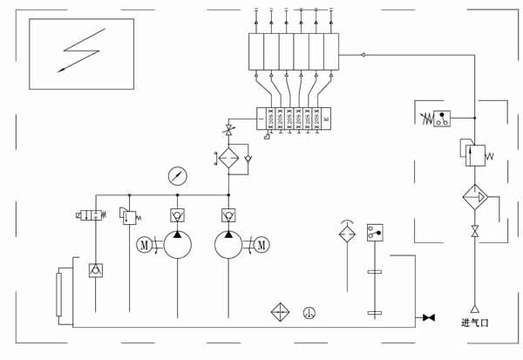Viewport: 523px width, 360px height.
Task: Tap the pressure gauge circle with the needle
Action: click(x=177, y=176)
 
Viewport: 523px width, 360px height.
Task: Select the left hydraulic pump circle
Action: click(x=177, y=245)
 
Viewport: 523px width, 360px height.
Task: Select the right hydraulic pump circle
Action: click(x=228, y=245)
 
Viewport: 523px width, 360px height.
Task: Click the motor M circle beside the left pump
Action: click(x=145, y=245)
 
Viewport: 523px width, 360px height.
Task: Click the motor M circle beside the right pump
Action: click(x=261, y=245)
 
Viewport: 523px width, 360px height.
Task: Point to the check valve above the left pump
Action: click(x=177, y=214)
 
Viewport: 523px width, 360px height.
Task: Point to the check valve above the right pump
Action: click(x=228, y=214)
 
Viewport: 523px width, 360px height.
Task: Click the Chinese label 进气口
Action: click(x=475, y=323)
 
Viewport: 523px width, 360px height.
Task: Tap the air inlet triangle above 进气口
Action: click(x=475, y=308)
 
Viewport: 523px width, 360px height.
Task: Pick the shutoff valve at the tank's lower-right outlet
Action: click(x=428, y=316)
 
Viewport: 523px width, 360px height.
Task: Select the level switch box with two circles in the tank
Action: click(x=376, y=232)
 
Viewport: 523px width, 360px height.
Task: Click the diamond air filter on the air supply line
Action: click(x=476, y=198)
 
